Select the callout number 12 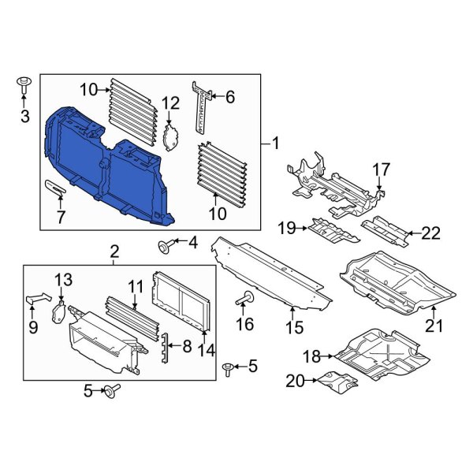click(171, 102)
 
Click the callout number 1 click(276, 143)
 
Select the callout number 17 click(381, 169)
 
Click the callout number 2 click(114, 252)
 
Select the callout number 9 click(32, 326)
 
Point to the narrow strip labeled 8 click(166, 347)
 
